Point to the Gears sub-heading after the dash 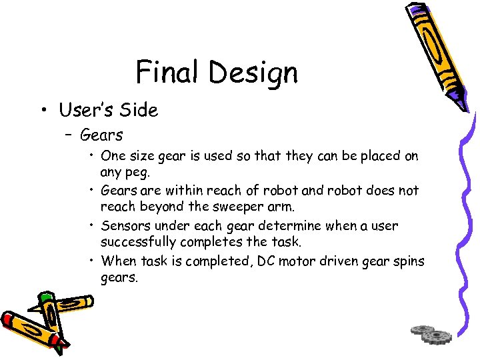[x=101, y=135]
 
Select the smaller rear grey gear [x=423, y=329]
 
